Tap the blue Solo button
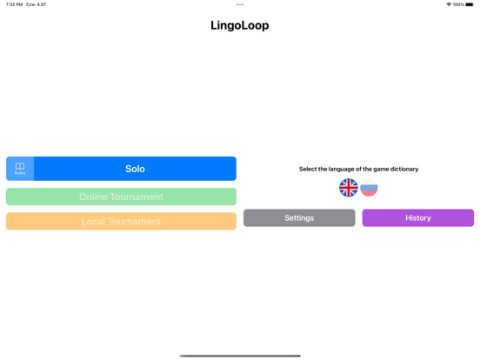click(x=135, y=169)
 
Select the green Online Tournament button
click(x=121, y=197)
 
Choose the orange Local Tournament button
click(x=121, y=221)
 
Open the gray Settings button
click(x=299, y=218)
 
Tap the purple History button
click(x=418, y=218)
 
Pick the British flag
click(x=349, y=188)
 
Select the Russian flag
click(x=369, y=188)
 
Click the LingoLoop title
click(x=240, y=25)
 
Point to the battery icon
click(x=470, y=4)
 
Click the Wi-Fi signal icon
click(x=449, y=4)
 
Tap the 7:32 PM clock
click(x=14, y=4)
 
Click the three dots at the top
click(x=240, y=4)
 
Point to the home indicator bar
click(x=240, y=356)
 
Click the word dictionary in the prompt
click(x=404, y=169)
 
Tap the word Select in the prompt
click(x=308, y=169)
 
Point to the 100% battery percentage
click(x=458, y=4)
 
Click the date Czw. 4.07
click(x=37, y=4)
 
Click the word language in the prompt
click(x=342, y=170)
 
